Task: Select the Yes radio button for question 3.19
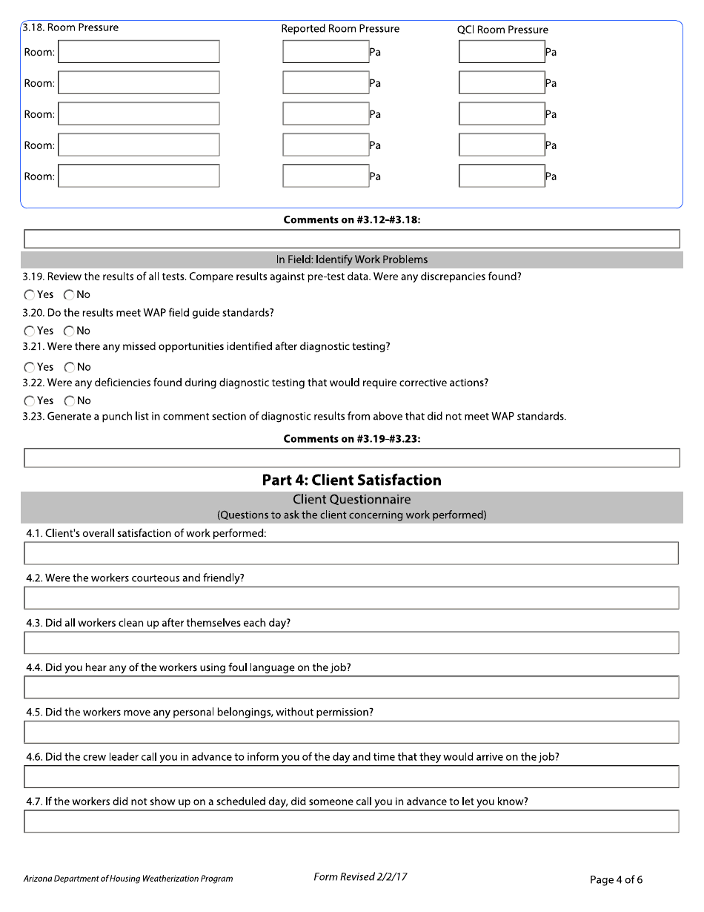pos(29,295)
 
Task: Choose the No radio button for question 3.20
pos(69,331)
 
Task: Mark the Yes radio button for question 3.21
pos(29,367)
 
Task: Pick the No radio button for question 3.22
pos(69,401)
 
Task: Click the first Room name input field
pos(139,52)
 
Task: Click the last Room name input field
pos(139,176)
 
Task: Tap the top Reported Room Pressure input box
pos(325,52)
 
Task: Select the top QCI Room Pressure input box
pos(502,52)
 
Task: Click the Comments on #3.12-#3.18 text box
pos(351,239)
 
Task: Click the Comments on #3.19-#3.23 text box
pos(351,458)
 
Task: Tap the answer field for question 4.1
pos(351,553)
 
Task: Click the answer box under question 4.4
pos(351,687)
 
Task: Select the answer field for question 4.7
pos(351,822)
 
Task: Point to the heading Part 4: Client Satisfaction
pos(351,480)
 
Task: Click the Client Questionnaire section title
pos(351,500)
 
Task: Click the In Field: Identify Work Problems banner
pos(351,260)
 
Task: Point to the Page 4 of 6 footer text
pos(616,880)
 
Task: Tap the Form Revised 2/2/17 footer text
pos(360,877)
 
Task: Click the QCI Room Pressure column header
pos(502,30)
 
